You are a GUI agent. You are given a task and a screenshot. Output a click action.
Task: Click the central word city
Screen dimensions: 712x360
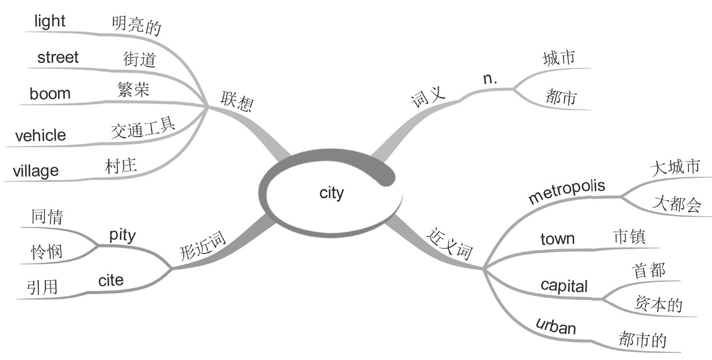tap(332, 193)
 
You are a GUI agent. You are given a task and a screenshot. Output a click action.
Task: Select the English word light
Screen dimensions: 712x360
tap(50, 21)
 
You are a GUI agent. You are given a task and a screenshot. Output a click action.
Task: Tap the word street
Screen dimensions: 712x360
tap(58, 57)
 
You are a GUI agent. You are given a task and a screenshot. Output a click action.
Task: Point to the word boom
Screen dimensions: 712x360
tap(50, 93)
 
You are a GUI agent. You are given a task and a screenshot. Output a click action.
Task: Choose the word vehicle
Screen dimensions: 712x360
tap(40, 135)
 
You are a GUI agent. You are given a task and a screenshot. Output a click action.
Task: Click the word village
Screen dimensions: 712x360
tap(35, 170)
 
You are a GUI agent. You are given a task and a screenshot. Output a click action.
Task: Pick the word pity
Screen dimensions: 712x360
tap(122, 236)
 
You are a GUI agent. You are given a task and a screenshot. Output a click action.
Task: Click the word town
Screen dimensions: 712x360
tap(557, 239)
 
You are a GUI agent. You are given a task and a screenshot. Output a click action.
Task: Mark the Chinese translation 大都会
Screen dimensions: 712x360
tap(676, 204)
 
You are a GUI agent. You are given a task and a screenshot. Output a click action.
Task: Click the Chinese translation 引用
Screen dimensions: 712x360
tap(43, 287)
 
